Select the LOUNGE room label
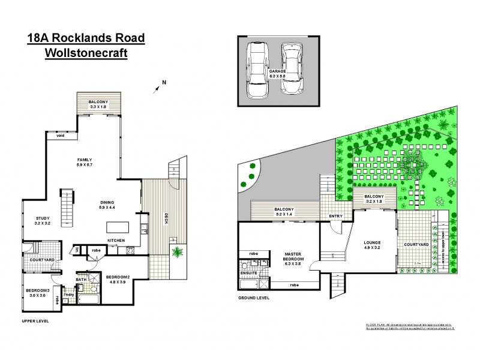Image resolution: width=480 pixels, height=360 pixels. tap(373, 245)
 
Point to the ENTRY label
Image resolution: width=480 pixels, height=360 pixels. tap(335, 217)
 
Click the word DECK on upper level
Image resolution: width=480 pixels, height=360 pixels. tap(166, 221)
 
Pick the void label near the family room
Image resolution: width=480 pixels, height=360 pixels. tap(60, 136)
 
